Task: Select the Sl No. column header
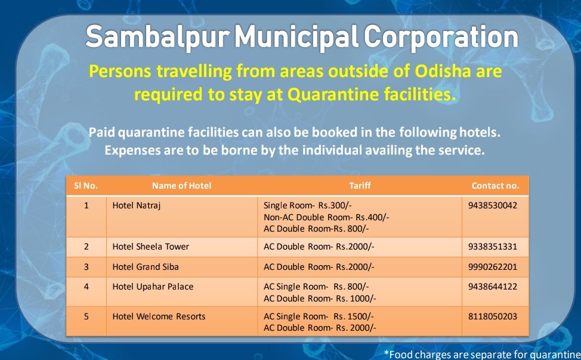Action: pos(86,186)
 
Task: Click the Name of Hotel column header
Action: pos(181,186)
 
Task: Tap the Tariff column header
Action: pos(360,186)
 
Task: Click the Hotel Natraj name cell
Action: pos(137,205)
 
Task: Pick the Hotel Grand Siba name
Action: pos(145,266)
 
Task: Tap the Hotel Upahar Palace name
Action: pos(153,287)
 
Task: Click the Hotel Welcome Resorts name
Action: pos(159,316)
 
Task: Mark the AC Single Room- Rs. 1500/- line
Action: pos(319,316)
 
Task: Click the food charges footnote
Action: pos(482,353)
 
